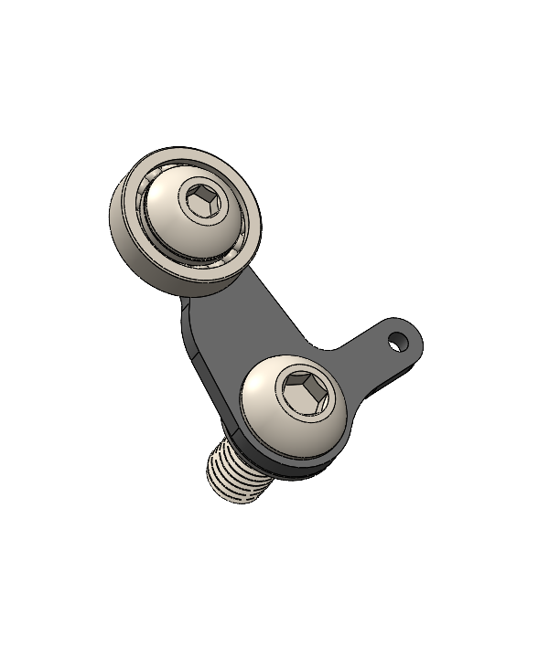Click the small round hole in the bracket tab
pos(398,341)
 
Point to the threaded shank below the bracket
pos(233,470)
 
